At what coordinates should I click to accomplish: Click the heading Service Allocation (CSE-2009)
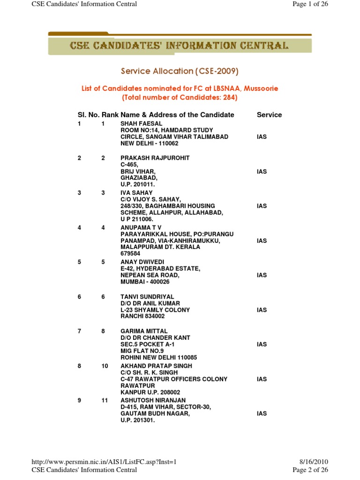180,71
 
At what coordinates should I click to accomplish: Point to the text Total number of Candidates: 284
180,97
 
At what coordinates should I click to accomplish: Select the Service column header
269,115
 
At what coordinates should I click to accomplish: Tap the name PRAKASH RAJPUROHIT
155,158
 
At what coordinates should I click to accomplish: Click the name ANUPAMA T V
141,227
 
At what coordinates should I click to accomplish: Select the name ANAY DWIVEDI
142,262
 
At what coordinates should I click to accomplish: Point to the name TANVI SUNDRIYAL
147,297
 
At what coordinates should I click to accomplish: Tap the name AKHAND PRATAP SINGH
156,366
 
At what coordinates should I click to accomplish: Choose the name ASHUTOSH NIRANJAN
153,400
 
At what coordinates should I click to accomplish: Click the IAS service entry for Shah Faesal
262,137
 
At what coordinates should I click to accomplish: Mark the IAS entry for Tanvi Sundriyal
262,310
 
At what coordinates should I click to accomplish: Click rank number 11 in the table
105,400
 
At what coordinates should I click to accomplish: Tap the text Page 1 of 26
310,4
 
